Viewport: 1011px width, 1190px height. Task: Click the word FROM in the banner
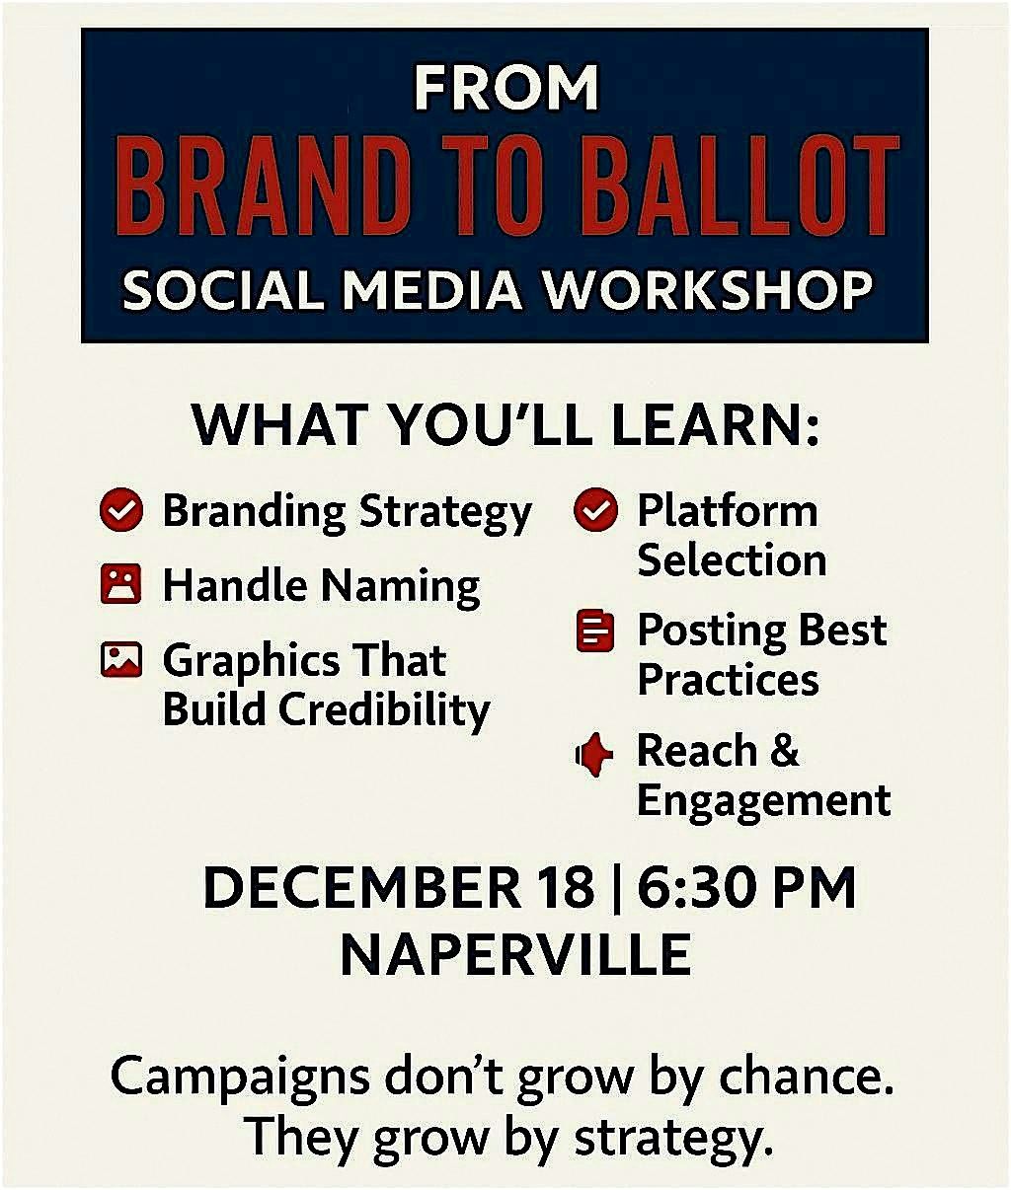pyautogui.click(x=505, y=88)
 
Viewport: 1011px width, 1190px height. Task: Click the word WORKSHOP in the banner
pyautogui.click(x=709, y=291)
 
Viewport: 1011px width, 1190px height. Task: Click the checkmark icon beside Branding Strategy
pyautogui.click(x=122, y=511)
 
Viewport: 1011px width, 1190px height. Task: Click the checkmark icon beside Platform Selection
pyautogui.click(x=595, y=511)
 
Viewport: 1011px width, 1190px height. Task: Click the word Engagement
pyautogui.click(x=763, y=800)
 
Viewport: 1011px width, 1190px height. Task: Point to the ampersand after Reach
pyautogui.click(x=784, y=751)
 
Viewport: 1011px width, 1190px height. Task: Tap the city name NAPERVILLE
pyautogui.click(x=515, y=954)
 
